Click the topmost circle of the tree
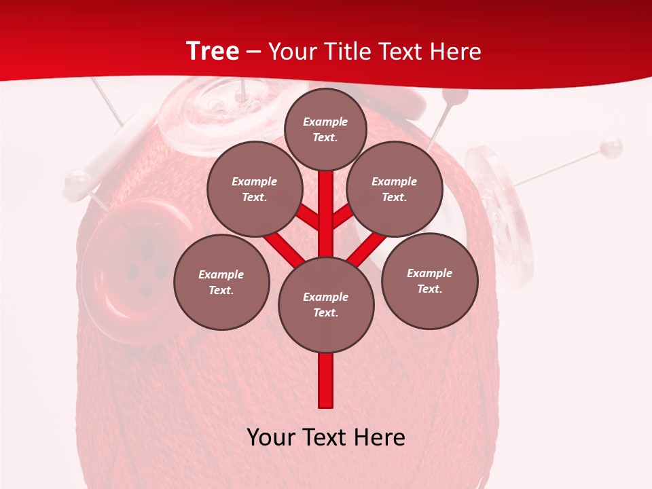[x=325, y=129]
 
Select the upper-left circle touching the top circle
[x=254, y=189]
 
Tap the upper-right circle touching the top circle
[x=395, y=189]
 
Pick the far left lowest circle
[x=221, y=282]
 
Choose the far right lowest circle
[x=430, y=280]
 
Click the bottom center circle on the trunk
[x=326, y=304]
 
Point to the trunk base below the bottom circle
[x=326, y=380]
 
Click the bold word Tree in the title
[x=213, y=51]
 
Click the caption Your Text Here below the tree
[x=326, y=437]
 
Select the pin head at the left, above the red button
[x=76, y=181]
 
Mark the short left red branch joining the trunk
[x=309, y=218]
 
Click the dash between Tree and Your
[x=253, y=52]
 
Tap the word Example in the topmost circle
[x=325, y=122]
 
